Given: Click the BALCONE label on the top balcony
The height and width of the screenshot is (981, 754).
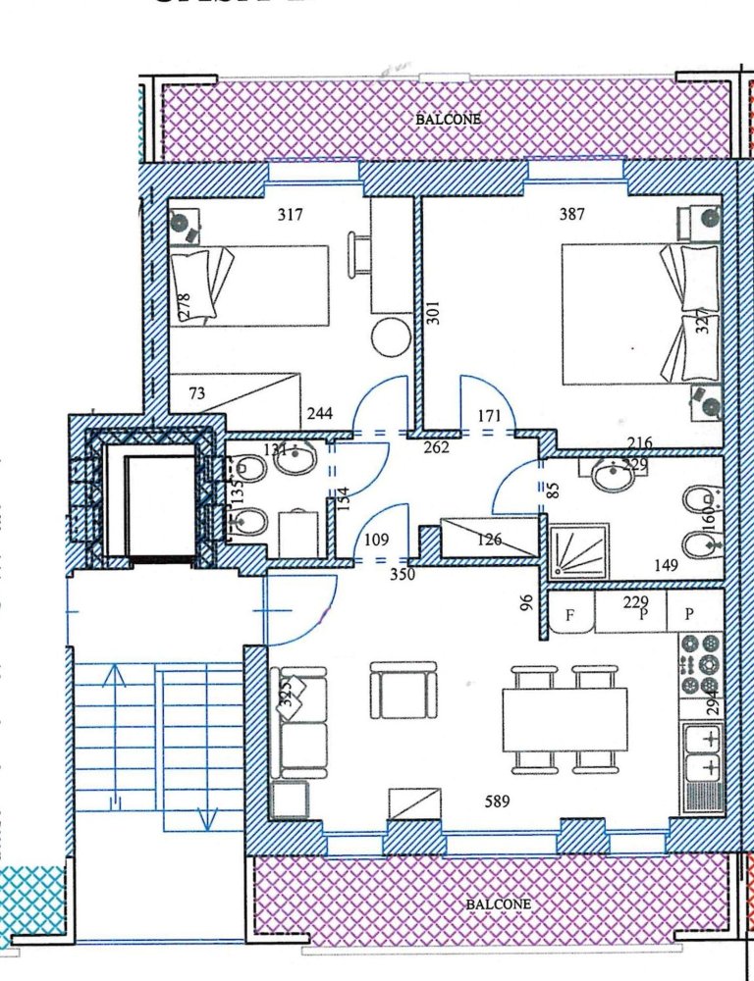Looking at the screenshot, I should (449, 119).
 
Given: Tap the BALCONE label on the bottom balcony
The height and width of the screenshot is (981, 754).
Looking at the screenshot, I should (498, 904).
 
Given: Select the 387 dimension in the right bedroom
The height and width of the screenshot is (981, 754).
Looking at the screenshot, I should (572, 214).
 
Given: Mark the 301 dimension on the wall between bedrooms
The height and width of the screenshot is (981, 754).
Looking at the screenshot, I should (433, 312).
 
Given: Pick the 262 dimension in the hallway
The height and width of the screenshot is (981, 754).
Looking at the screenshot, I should (436, 447).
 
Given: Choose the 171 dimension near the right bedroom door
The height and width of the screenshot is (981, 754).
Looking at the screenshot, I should (488, 417).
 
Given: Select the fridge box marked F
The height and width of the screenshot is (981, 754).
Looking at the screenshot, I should (568, 617).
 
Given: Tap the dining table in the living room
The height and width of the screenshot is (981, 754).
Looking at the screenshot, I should (565, 719).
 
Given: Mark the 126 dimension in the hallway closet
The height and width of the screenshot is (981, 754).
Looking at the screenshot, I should (490, 539).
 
